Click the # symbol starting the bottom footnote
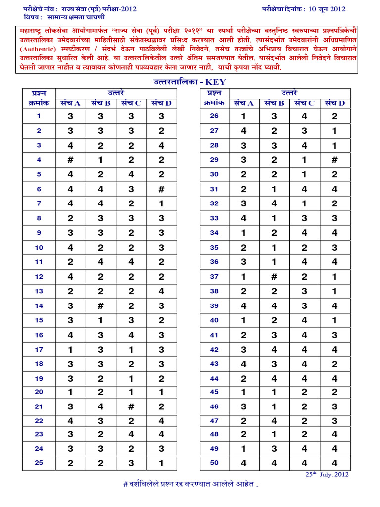[x=125, y=484]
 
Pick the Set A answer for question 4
[x=70, y=160]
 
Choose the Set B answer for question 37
[x=274, y=277]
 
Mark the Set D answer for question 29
[x=334, y=160]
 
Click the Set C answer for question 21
[x=131, y=406]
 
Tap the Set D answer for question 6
[x=161, y=189]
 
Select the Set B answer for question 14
[x=100, y=306]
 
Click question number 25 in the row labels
[x=39, y=463]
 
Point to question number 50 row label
[x=214, y=463]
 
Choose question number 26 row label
[x=214, y=116]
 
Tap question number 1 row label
[x=39, y=116]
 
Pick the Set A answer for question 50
[x=243, y=463]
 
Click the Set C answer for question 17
[x=131, y=350]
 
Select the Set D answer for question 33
[x=334, y=218]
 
